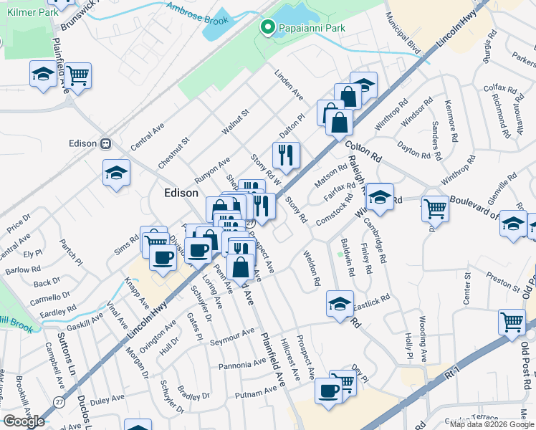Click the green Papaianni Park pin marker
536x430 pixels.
click(x=268, y=28)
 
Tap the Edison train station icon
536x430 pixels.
click(x=106, y=143)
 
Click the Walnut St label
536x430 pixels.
click(x=234, y=122)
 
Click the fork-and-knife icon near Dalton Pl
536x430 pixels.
click(x=286, y=155)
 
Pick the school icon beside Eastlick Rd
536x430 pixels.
click(x=340, y=303)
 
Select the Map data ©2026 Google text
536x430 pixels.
click(x=491, y=424)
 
